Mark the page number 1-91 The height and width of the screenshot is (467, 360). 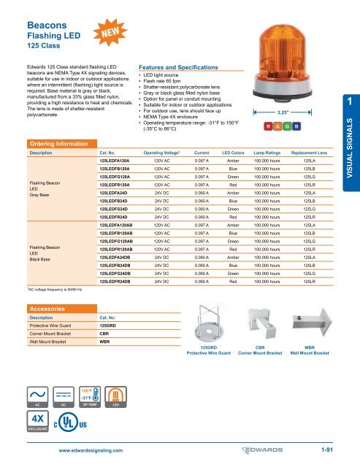[323, 449]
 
